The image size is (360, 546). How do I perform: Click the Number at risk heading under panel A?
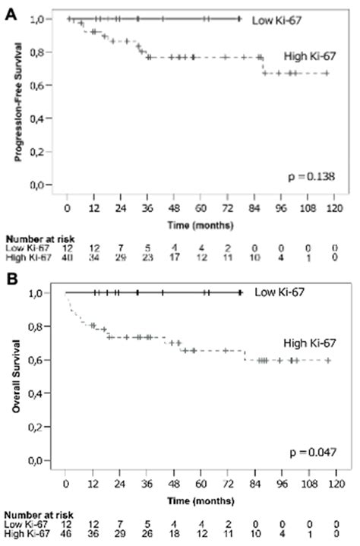click(31, 238)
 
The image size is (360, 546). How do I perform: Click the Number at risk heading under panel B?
click(31, 514)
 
